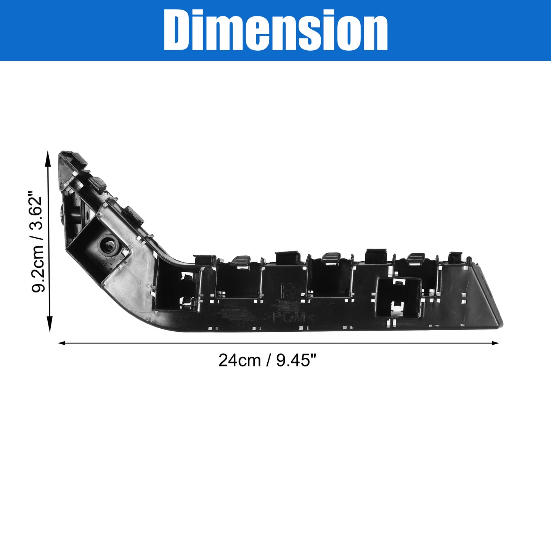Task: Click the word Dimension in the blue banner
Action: point(275,30)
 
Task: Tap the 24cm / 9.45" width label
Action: point(268,360)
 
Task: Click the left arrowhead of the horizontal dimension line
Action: point(62,343)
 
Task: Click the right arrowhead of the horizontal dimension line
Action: point(495,343)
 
